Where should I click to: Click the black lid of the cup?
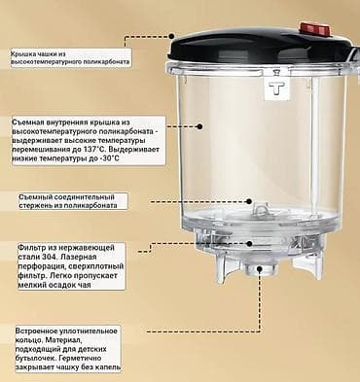click(243, 44)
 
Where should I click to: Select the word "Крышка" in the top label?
click(26, 54)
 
